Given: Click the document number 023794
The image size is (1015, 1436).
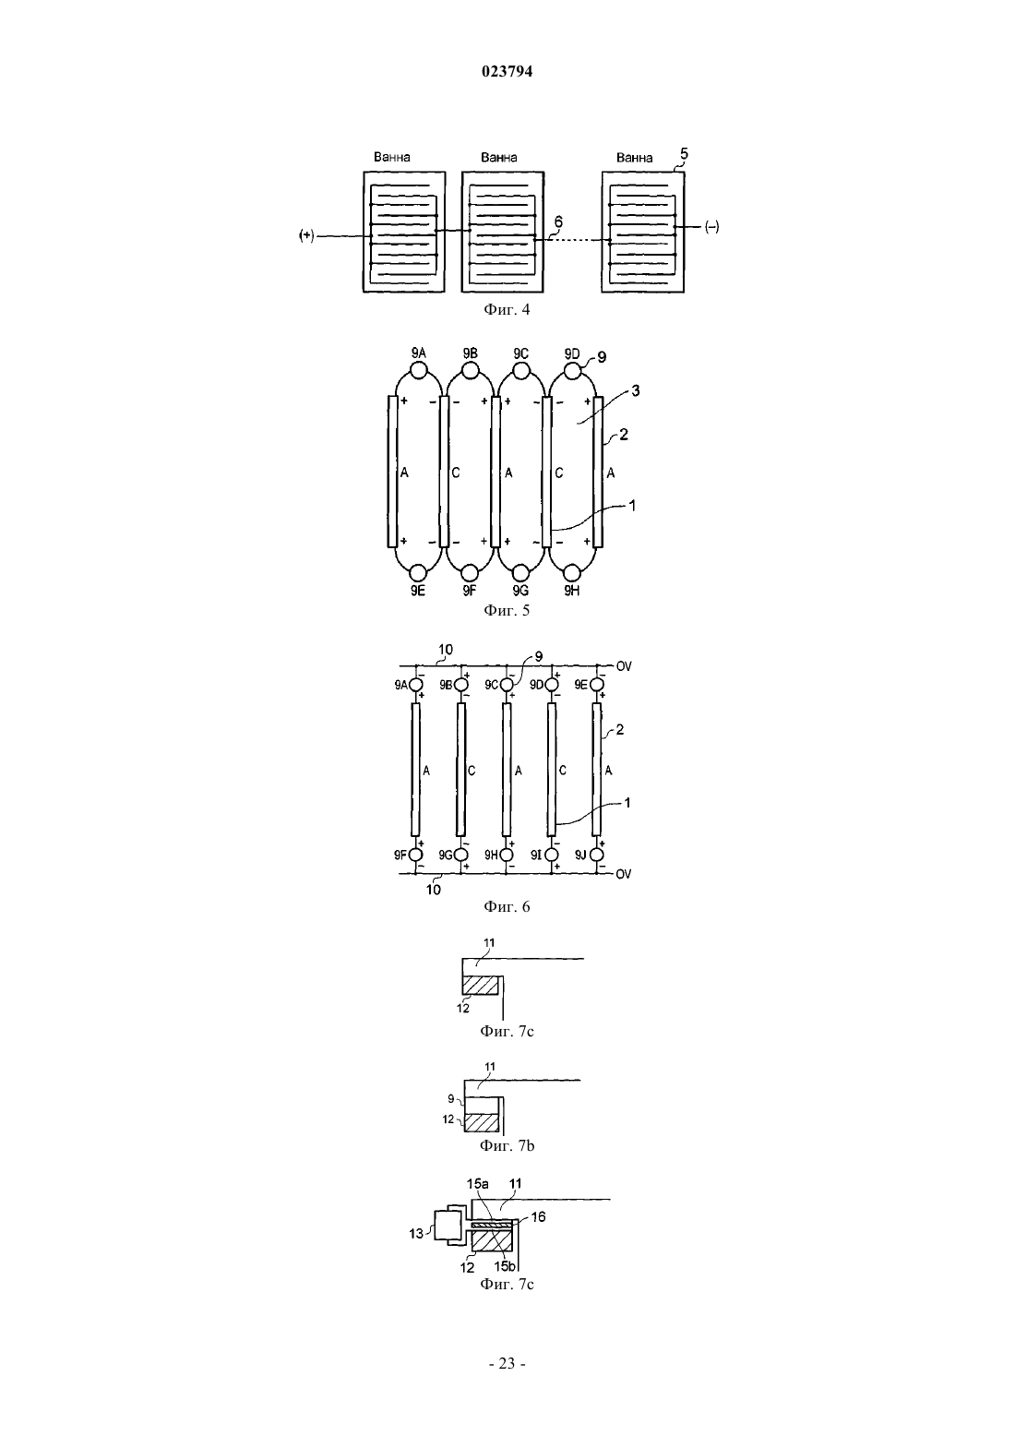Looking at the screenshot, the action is pos(507,71).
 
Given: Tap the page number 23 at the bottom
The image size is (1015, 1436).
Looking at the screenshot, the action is pos(507,1363).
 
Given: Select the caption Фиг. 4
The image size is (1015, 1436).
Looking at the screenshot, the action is pos(507,310).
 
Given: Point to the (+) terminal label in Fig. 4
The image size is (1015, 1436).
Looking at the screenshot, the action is pos(307,236).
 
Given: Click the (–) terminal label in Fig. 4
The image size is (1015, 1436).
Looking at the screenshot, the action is pos(712,227).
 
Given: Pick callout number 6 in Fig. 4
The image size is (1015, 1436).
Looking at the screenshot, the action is pos(559,221).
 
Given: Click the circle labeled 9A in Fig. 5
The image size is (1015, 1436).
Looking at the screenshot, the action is pos(418,371).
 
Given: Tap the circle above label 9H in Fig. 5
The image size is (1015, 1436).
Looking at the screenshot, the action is pos(572,572).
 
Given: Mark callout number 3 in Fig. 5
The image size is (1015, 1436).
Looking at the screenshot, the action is pos(635,390).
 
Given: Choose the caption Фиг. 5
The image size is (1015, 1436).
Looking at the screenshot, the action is pos(507,610).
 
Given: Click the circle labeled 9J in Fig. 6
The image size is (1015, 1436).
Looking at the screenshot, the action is pos(597,855).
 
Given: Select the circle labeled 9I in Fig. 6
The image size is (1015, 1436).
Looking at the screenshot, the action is pos(552,855).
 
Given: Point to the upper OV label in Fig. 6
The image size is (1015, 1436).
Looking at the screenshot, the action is pos(624,666).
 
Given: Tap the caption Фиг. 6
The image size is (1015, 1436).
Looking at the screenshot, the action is pos(507,906).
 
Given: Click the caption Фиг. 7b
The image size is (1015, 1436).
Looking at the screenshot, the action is pos(507,1145).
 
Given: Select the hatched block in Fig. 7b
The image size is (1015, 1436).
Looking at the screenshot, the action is pos(482,1122).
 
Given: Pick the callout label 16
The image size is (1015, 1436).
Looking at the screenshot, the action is pos(538,1216).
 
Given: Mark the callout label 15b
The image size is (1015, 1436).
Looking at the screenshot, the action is pos(505,1266).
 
